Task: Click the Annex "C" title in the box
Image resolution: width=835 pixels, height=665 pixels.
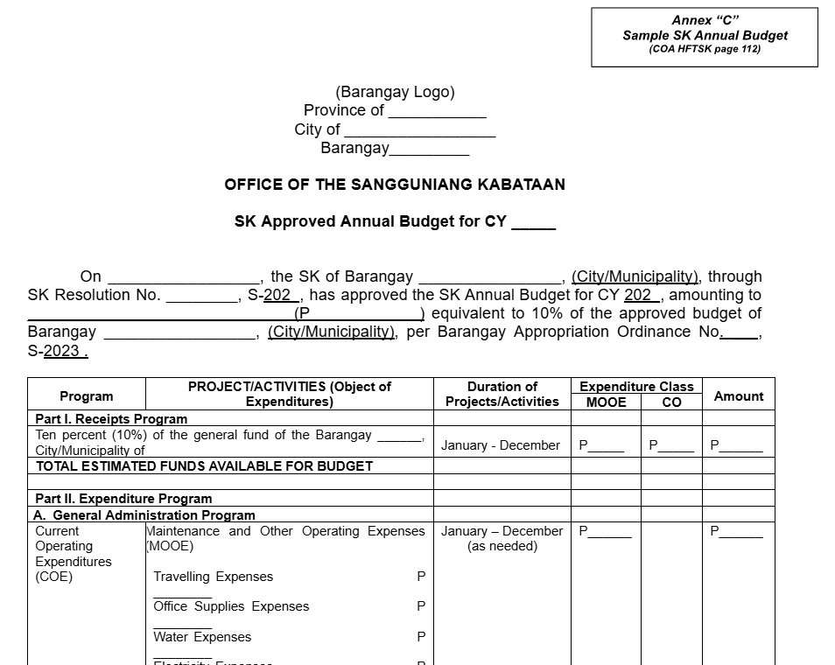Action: click(x=705, y=20)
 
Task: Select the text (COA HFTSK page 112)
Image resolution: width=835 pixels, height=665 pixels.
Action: click(x=705, y=49)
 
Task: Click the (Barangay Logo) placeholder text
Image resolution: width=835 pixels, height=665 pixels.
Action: click(x=395, y=92)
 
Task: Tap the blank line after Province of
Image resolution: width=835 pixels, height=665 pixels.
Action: click(x=437, y=112)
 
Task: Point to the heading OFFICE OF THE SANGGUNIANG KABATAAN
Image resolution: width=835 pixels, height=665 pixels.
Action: click(x=395, y=185)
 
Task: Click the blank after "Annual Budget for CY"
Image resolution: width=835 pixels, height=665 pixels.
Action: click(x=533, y=223)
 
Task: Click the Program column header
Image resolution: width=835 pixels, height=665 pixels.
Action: click(x=86, y=396)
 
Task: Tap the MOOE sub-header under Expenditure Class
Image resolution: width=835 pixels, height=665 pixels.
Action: click(x=606, y=402)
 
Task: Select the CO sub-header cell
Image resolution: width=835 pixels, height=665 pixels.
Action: click(x=671, y=402)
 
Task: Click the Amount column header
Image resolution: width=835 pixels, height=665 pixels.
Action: click(x=739, y=396)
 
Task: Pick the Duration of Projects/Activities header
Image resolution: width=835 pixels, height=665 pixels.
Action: click(x=502, y=394)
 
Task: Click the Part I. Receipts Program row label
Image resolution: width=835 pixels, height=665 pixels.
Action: click(x=111, y=419)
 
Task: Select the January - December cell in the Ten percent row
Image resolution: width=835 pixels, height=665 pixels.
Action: click(x=501, y=445)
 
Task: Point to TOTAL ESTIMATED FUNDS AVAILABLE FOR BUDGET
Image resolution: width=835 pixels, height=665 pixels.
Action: click(x=204, y=466)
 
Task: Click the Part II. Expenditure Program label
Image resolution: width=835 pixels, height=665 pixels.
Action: click(x=123, y=499)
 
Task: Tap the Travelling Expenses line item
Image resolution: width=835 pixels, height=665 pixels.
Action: click(x=213, y=577)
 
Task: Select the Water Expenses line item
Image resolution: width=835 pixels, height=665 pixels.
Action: click(x=202, y=637)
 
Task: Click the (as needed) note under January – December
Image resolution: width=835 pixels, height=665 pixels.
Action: click(x=502, y=546)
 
